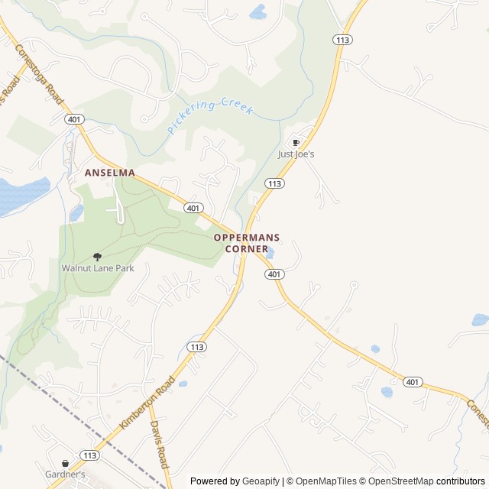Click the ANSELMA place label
point(109,173)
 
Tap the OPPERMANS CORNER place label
point(241,243)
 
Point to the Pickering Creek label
point(210,115)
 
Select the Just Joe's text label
point(296,154)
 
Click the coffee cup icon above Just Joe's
point(296,143)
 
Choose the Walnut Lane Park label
point(97,269)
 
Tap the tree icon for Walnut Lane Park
point(97,257)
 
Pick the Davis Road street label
point(158,444)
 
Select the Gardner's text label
point(65,474)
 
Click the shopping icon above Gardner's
point(65,463)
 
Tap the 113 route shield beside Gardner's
point(90,455)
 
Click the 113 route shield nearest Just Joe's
point(275,183)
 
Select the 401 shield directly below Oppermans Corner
point(275,274)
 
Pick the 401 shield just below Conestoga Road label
point(74,119)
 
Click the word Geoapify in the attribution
point(261,481)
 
